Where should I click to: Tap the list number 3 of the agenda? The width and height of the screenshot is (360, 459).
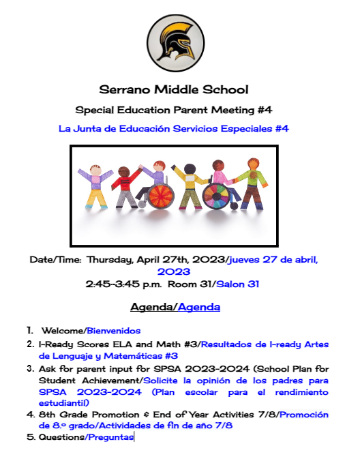click(30, 368)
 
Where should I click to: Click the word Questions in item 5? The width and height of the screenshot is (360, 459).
click(61, 436)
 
